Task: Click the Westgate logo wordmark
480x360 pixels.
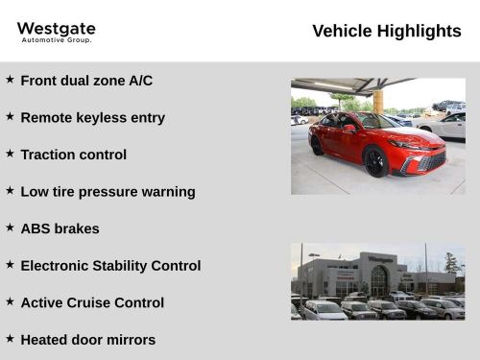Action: point(56,29)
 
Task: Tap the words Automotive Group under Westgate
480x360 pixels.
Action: point(56,40)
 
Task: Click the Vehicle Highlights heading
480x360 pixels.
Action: point(386,31)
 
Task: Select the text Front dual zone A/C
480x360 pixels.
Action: point(86,81)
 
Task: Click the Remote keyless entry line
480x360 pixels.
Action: point(92,117)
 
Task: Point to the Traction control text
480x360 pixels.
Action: point(73,155)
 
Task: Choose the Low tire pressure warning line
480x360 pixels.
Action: point(108,191)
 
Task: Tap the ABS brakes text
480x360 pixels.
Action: point(60,228)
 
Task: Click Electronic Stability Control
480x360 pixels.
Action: point(110,265)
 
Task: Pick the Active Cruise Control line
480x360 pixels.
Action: point(92,302)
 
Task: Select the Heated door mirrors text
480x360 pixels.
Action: point(87,339)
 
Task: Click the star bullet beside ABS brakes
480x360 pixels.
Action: point(10,228)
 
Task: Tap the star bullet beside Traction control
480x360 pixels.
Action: point(10,154)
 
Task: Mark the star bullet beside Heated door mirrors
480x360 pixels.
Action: point(10,338)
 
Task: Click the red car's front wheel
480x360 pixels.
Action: point(375,161)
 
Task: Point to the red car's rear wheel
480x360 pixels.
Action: point(317,145)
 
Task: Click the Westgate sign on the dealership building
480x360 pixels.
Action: point(380,258)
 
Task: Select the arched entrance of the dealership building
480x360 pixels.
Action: point(379,280)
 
